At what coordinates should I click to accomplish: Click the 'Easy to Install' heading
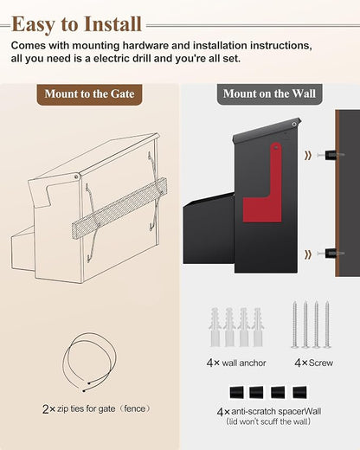pos(77,24)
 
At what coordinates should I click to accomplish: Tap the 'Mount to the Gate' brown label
pos(89,94)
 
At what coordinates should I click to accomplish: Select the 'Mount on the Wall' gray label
pos(269,94)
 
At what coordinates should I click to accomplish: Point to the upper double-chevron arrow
pos(308,156)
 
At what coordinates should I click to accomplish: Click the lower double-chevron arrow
pos(308,254)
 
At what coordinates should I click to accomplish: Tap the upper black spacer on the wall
pos(331,155)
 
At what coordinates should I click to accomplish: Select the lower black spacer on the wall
pos(331,254)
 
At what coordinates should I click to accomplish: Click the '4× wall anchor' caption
pos(236,363)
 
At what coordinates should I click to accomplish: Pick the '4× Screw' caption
pos(314,363)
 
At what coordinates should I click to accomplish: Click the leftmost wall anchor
pos(215,327)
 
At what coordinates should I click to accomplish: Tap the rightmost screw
pos(327,325)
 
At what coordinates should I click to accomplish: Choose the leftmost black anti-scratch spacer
pos(236,392)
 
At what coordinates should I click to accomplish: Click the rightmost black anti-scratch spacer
pos(299,392)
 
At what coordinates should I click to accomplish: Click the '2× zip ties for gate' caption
pos(96,408)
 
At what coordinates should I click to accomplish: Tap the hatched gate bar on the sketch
pos(119,208)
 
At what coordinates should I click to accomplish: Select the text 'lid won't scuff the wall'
pos(268,421)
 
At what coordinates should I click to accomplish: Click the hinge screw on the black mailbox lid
pos(294,125)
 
